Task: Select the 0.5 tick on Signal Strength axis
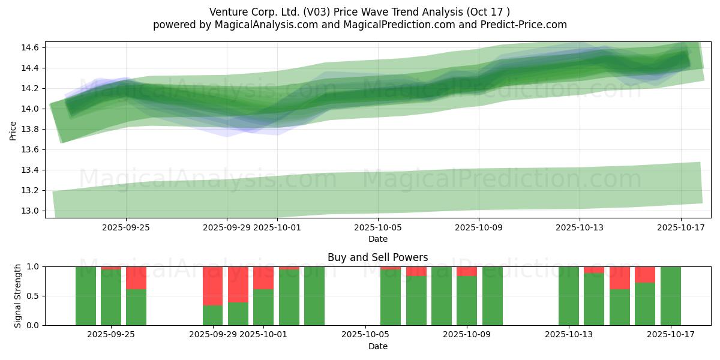pyautogui.click(x=32, y=296)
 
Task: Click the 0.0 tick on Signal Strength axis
pyautogui.click(x=32, y=325)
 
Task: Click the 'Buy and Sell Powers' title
pyautogui.click(x=377, y=257)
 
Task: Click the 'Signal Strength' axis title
pyautogui.click(x=18, y=296)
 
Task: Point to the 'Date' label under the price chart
pyautogui.click(x=377, y=239)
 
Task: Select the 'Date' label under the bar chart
pyautogui.click(x=377, y=346)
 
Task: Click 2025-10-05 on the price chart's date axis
pyautogui.click(x=377, y=227)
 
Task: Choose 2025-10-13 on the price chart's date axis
pyautogui.click(x=579, y=227)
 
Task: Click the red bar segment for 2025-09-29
pyautogui.click(x=213, y=286)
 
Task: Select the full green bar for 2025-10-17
pyautogui.click(x=670, y=296)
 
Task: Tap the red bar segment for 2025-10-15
pyautogui.click(x=620, y=278)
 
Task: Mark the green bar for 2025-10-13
pyautogui.click(x=569, y=296)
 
